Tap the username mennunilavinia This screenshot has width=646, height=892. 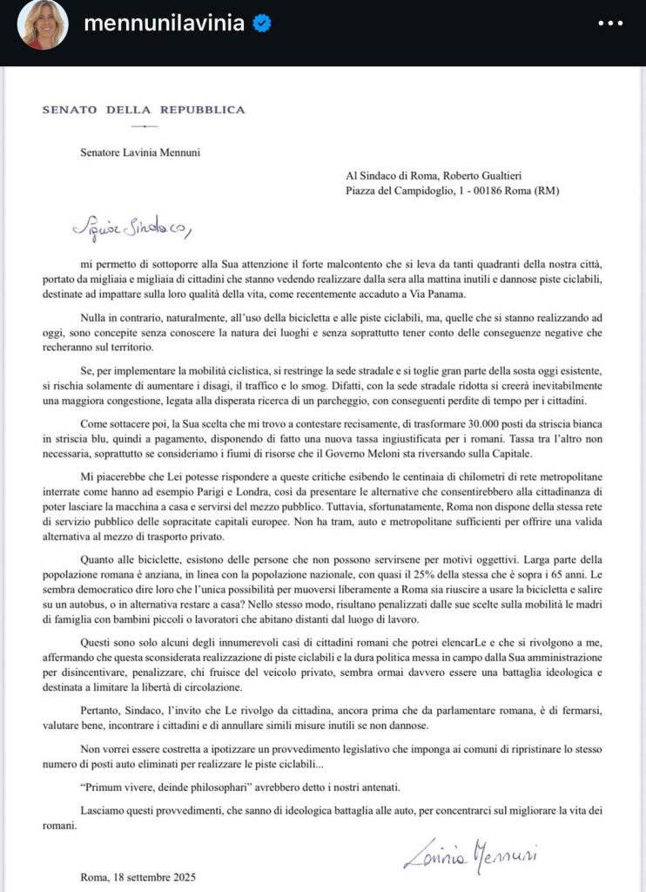pyautogui.click(x=163, y=24)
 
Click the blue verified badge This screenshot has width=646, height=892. pyautogui.click(x=260, y=25)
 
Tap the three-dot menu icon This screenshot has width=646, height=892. pyautogui.click(x=610, y=24)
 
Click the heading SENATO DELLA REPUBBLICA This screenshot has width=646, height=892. pyautogui.click(x=144, y=110)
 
